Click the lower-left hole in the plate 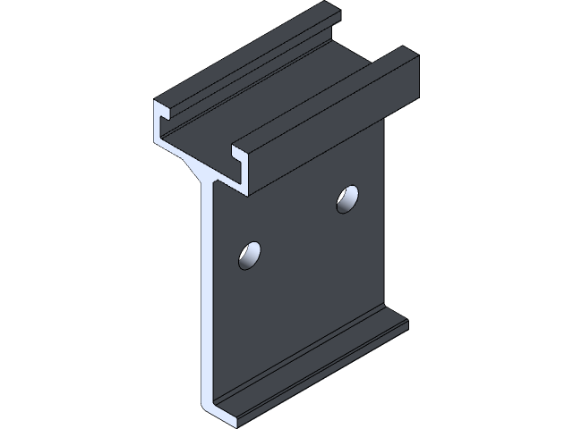click(250, 256)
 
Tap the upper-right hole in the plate click(347, 199)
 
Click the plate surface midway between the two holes click(298, 228)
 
